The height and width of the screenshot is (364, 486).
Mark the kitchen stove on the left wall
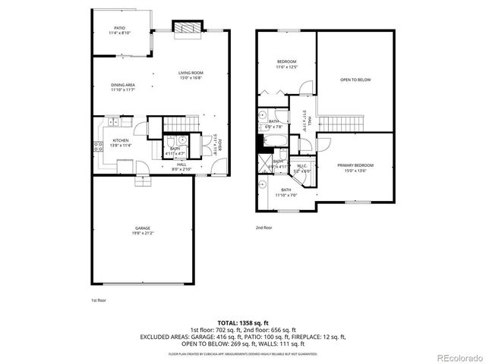pos(98,148)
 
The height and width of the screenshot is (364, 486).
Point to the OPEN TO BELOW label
pos(355,78)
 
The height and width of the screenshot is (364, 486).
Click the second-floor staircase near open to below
pos(342,124)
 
